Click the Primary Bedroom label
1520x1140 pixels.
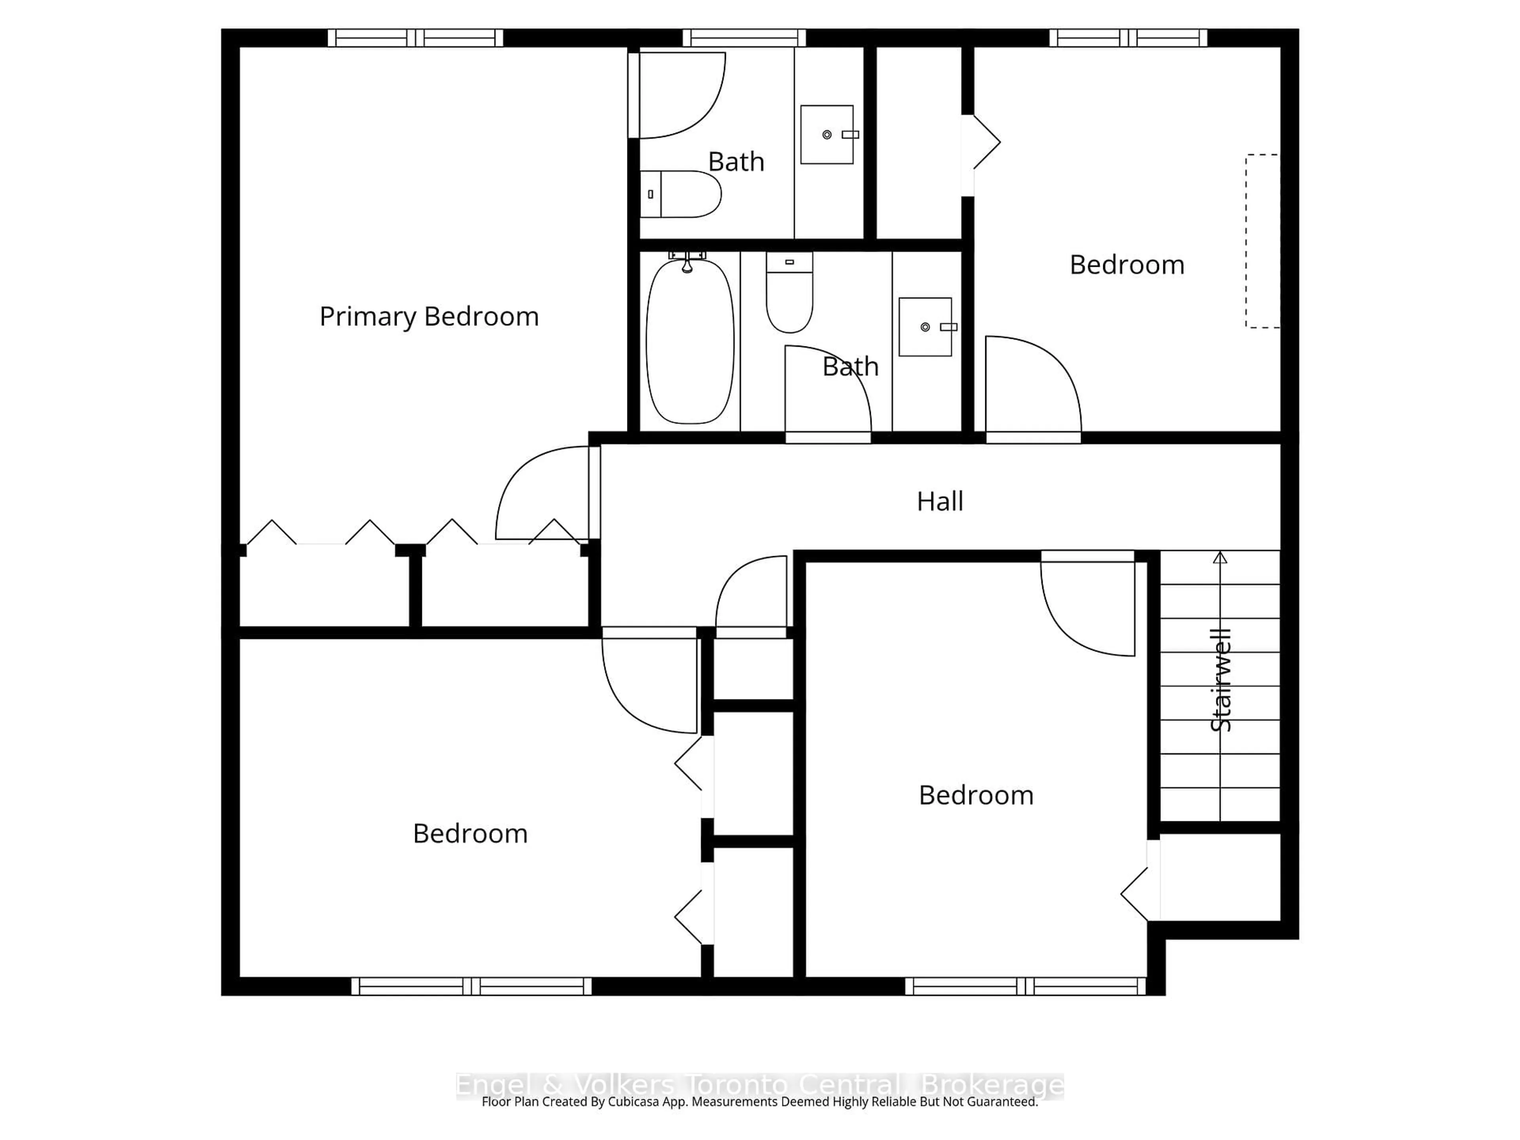click(429, 317)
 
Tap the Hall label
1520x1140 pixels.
click(939, 502)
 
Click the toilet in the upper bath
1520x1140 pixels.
click(680, 194)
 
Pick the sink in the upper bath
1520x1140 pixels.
click(827, 135)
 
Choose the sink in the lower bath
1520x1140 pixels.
click(925, 327)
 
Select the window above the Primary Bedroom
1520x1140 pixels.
click(415, 38)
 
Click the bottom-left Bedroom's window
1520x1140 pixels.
click(471, 986)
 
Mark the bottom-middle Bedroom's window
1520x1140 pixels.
click(1025, 986)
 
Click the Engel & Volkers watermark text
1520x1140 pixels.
click(759, 1086)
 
